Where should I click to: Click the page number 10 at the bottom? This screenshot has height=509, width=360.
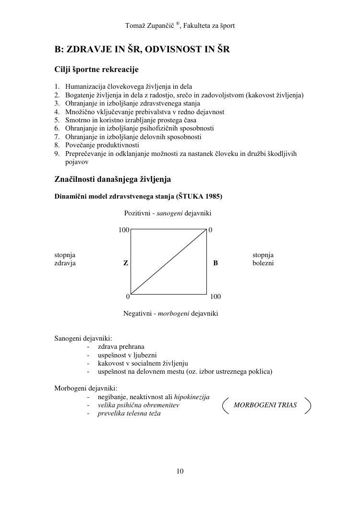[180, 471]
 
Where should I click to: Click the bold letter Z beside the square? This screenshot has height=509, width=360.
[126, 263]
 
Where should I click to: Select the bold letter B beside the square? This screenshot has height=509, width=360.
[216, 263]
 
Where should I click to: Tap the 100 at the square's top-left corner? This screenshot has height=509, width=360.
[124, 230]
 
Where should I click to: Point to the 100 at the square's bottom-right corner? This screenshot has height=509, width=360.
[216, 296]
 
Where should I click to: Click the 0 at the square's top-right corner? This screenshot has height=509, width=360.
[211, 230]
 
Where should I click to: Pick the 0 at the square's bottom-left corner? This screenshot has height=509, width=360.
[128, 296]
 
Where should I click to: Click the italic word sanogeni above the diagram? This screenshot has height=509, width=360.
[169, 213]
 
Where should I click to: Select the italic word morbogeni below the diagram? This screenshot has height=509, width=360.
[173, 314]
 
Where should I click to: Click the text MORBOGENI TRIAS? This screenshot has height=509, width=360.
[265, 405]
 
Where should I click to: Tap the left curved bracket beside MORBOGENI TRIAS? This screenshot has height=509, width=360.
[225, 405]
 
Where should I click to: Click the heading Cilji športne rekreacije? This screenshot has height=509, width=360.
[96, 70]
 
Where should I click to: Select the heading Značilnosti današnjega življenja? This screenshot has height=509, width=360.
[112, 179]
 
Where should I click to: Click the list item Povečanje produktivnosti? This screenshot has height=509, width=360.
[102, 145]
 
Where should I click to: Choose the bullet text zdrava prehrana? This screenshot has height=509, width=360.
[121, 346]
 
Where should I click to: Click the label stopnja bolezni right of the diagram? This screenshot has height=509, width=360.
[263, 259]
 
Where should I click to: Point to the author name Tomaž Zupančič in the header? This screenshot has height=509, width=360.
[149, 25]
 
